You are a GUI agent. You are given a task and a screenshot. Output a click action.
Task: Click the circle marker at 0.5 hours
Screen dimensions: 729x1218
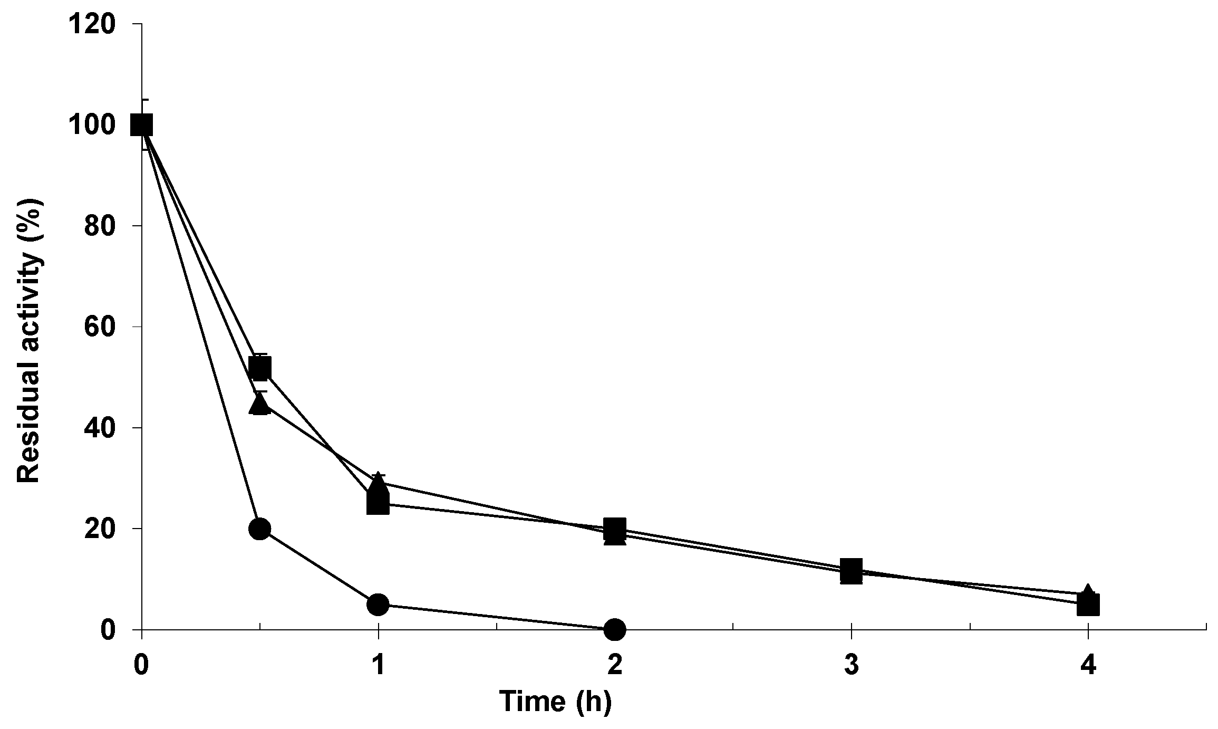pyautogui.click(x=259, y=528)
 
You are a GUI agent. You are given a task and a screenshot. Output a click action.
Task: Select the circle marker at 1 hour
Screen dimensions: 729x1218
pyautogui.click(x=378, y=604)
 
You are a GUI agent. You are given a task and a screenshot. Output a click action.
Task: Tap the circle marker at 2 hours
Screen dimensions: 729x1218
pyautogui.click(x=615, y=629)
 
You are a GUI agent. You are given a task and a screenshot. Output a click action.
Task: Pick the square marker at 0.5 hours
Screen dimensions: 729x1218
pyautogui.click(x=260, y=368)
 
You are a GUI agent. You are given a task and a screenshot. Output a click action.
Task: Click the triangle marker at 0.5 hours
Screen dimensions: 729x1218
pyautogui.click(x=260, y=404)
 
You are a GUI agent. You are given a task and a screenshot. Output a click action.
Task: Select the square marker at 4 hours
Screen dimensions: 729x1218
pyautogui.click(x=1088, y=605)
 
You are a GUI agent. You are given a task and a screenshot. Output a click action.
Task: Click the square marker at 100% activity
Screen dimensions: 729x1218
pyautogui.click(x=142, y=125)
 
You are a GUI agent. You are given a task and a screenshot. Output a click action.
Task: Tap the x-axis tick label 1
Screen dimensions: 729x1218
pyautogui.click(x=378, y=665)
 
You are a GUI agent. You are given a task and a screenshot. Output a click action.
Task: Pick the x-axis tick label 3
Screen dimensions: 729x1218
pyautogui.click(x=852, y=665)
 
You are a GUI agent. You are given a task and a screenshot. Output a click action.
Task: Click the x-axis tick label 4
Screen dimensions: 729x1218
pyautogui.click(x=1088, y=665)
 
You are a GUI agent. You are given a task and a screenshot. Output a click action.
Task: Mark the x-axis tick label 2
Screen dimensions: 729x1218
pyautogui.click(x=615, y=665)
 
